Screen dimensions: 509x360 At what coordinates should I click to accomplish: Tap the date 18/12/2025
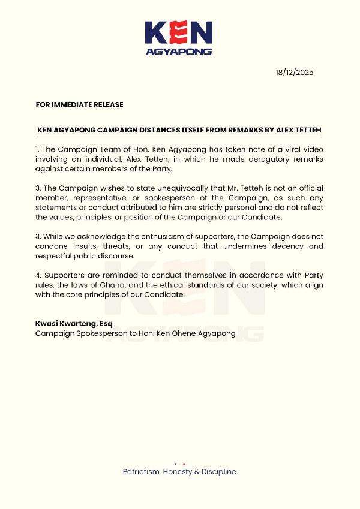(x=295, y=73)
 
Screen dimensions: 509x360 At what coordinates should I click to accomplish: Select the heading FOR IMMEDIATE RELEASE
(x=79, y=104)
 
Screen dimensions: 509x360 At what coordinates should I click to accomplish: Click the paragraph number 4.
(x=38, y=275)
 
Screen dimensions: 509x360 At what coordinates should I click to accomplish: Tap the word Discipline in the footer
(x=218, y=472)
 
